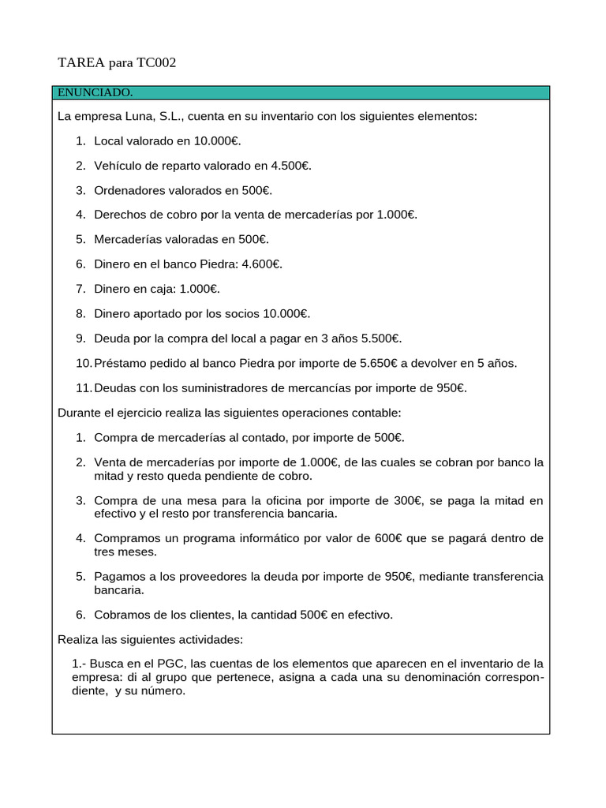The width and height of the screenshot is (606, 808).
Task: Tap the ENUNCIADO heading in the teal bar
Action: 95,93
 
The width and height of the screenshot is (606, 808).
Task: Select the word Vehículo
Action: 119,166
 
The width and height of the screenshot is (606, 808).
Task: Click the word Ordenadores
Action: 129,190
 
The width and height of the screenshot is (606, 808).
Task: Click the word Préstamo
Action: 120,363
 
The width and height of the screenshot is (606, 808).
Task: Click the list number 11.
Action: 84,387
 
